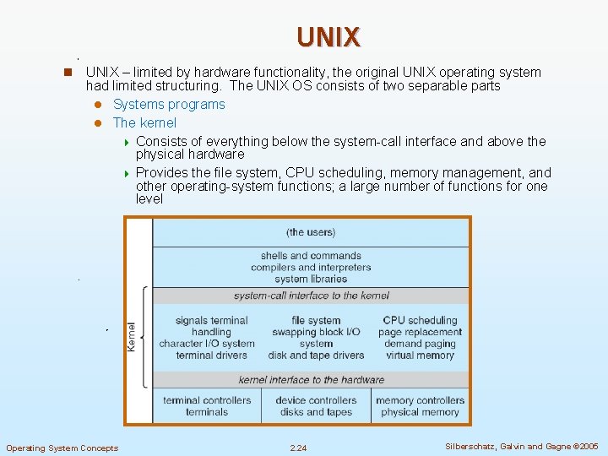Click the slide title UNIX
pyautogui.click(x=328, y=36)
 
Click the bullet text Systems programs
pyautogui.click(x=169, y=105)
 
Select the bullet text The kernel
pyautogui.click(x=144, y=123)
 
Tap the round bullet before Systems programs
pyautogui.click(x=97, y=105)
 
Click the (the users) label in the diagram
pyautogui.click(x=311, y=232)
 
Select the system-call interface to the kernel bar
pyautogui.click(x=311, y=296)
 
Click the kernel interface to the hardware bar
pyautogui.click(x=311, y=380)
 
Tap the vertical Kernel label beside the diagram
pyautogui.click(x=132, y=338)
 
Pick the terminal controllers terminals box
pyautogui.click(x=207, y=406)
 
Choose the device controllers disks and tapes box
pyautogui.click(x=316, y=406)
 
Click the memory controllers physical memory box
pyautogui.click(x=420, y=406)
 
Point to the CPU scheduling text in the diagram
pyautogui.click(x=420, y=320)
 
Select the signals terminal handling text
pyautogui.click(x=211, y=326)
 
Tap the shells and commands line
pyautogui.click(x=311, y=256)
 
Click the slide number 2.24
pyautogui.click(x=298, y=448)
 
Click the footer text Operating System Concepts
pyautogui.click(x=62, y=448)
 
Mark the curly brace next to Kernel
pyautogui.click(x=144, y=338)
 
